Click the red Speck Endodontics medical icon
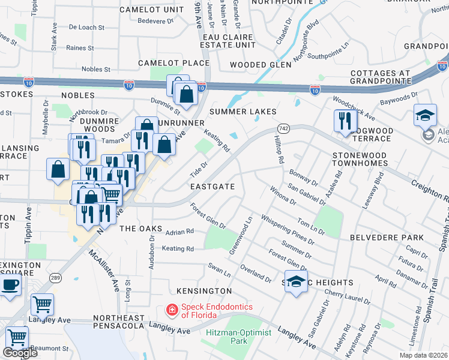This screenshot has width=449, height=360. pyautogui.click(x=172, y=310)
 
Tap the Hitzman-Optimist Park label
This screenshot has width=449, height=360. pyautogui.click(x=226, y=336)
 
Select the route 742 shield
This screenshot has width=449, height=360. pyautogui.click(x=284, y=128)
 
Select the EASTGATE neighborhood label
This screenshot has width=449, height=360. pyautogui.click(x=212, y=187)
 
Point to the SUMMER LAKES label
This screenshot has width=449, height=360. pyautogui.click(x=243, y=112)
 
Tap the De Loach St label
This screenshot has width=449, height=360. pyautogui.click(x=86, y=28)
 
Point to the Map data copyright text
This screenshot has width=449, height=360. pyautogui.click(x=423, y=355)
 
